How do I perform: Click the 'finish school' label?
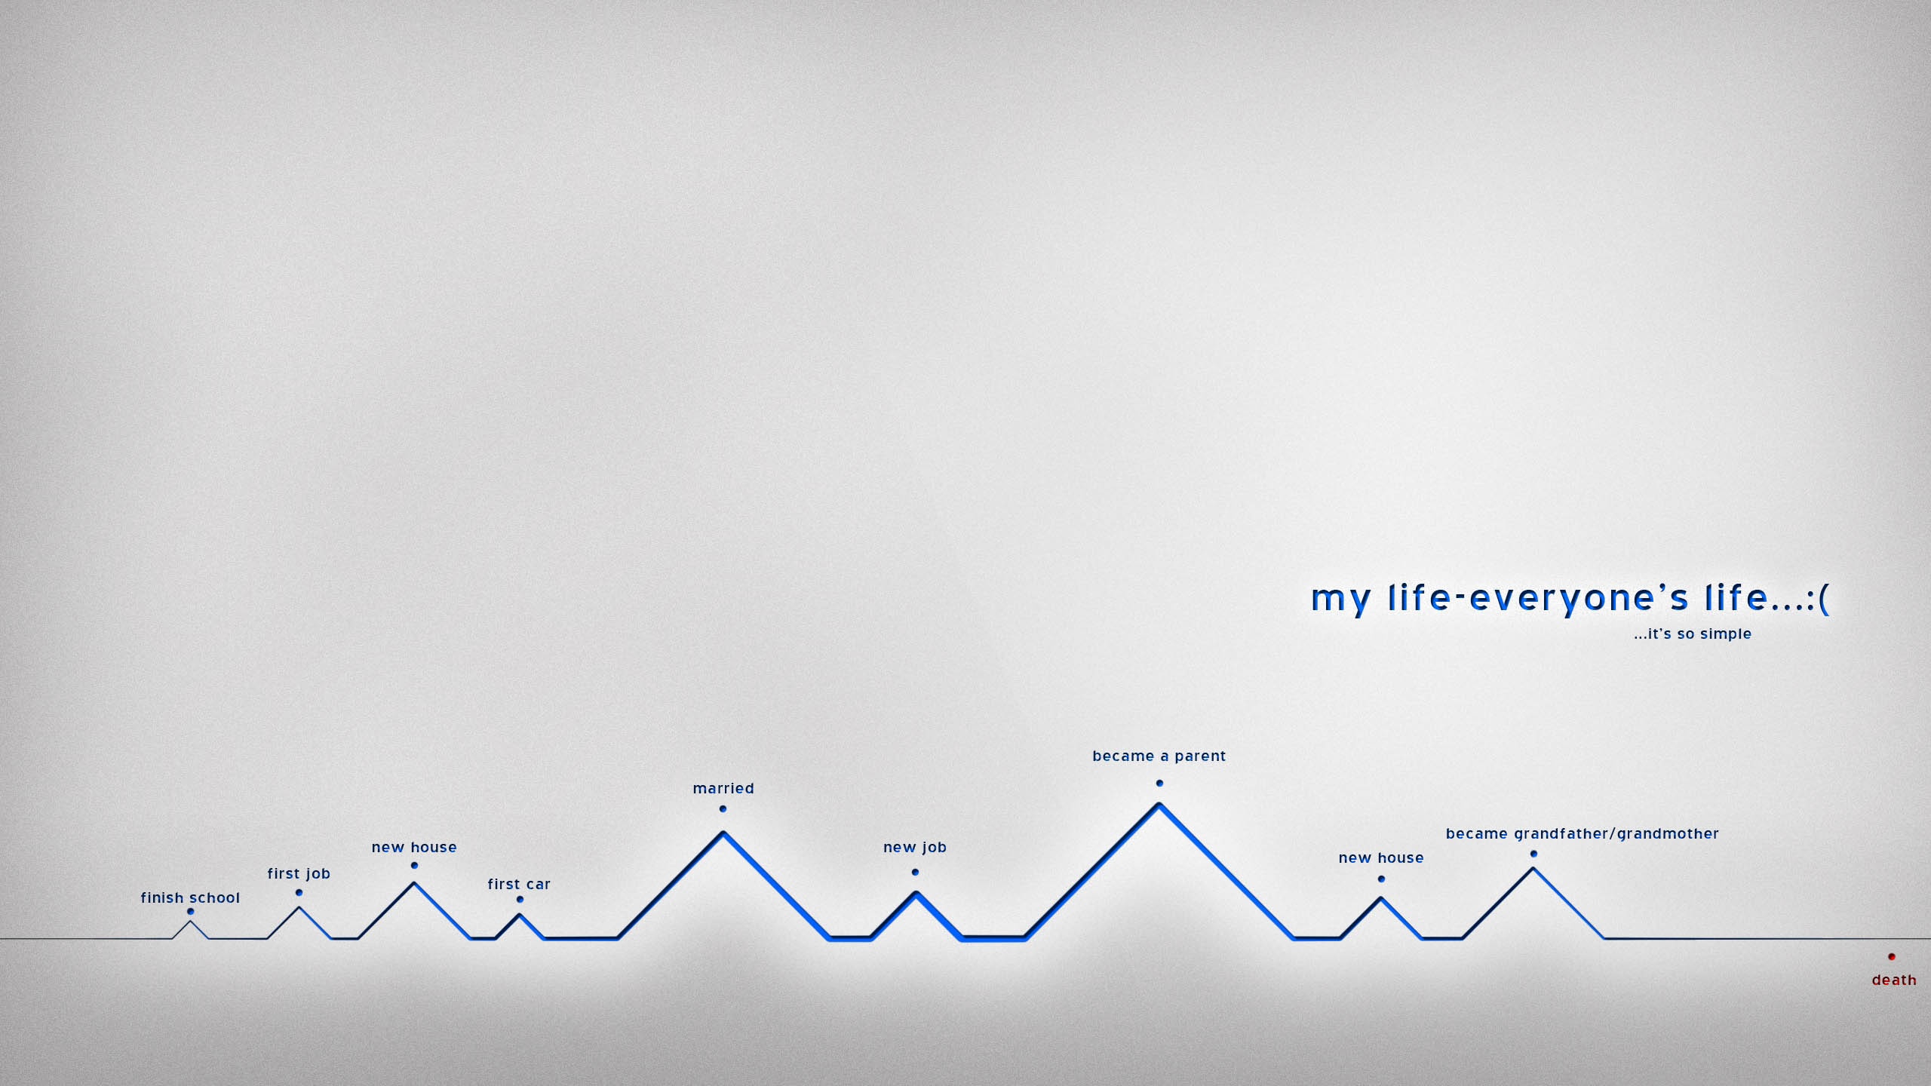190,897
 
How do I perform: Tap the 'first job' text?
299,873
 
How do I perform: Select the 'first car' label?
519,884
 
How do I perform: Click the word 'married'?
723,788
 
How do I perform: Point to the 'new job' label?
915,848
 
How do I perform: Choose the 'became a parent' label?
1159,756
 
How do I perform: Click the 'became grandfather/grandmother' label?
1583,834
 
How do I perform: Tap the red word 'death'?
1894,980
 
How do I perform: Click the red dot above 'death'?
1892,957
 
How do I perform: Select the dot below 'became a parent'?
1159,784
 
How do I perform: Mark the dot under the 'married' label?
723,809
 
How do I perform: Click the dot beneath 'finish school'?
190,912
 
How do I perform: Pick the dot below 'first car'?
520,900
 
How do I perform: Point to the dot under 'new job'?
915,873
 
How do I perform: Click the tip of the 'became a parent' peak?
1159,804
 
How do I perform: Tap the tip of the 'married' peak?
723,832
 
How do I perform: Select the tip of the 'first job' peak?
299,907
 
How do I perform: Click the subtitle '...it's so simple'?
1693,634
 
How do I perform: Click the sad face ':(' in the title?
1819,599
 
